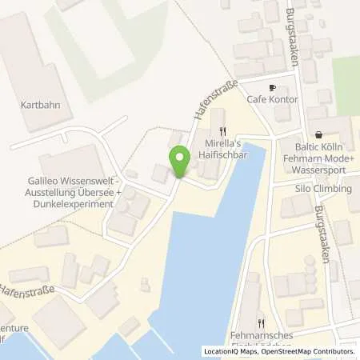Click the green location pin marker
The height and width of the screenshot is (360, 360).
(180, 162)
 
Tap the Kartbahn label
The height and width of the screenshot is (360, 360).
(41, 105)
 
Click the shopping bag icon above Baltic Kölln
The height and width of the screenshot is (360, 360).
(319, 136)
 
